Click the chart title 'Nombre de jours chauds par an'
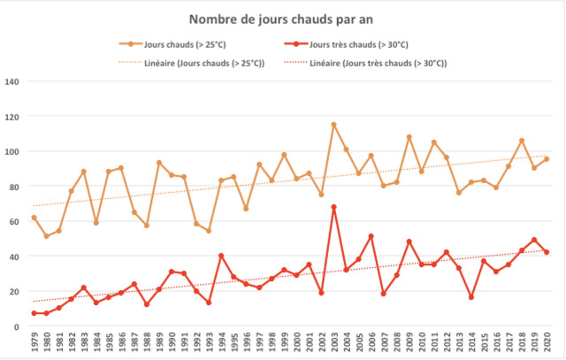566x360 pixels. tap(282, 19)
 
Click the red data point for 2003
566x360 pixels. tap(334, 207)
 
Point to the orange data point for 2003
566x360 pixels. tap(334, 125)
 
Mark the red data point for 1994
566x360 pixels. tap(221, 256)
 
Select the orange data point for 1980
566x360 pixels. tap(46, 236)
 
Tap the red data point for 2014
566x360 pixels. tap(471, 297)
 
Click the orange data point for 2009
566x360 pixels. tap(409, 137)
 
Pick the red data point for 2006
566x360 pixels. tap(371, 236)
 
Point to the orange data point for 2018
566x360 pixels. tap(522, 141)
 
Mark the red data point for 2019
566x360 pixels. tap(534, 240)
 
